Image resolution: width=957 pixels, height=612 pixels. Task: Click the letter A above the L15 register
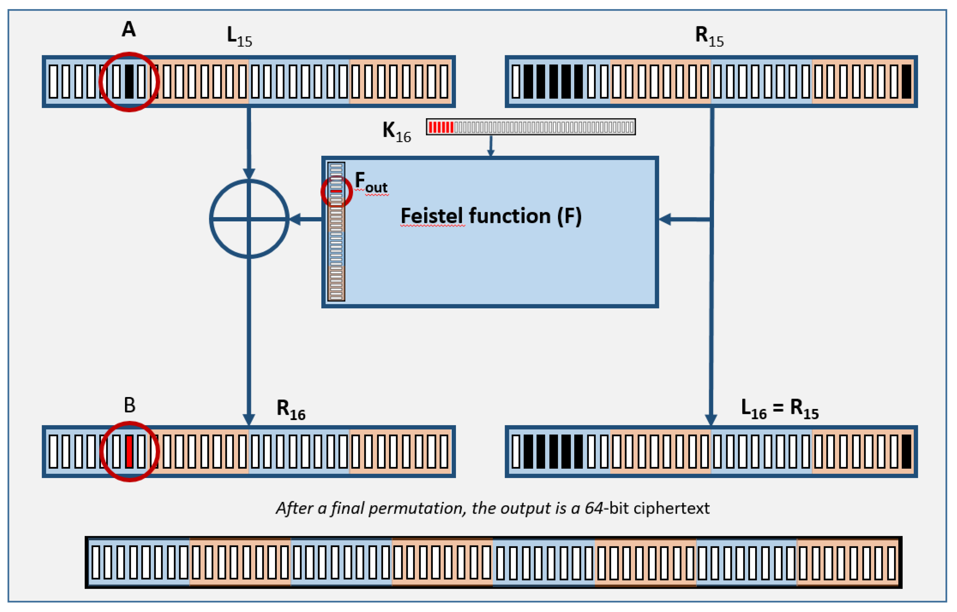pyautogui.click(x=128, y=29)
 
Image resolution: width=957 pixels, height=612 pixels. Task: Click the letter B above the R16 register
pyautogui.click(x=129, y=405)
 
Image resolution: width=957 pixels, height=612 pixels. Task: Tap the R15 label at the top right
pyautogui.click(x=709, y=37)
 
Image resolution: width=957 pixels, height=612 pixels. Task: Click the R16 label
pyautogui.click(x=291, y=410)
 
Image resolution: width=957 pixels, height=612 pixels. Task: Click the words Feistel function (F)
pyautogui.click(x=491, y=216)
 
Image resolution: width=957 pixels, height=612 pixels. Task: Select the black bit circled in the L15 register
pyautogui.click(x=129, y=81)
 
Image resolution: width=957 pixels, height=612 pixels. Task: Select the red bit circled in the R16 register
pyautogui.click(x=129, y=451)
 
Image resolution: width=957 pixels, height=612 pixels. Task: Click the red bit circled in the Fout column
pyautogui.click(x=336, y=191)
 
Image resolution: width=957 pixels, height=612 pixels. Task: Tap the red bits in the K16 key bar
pyautogui.click(x=441, y=127)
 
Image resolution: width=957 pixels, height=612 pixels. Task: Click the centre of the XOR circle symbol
pyautogui.click(x=249, y=219)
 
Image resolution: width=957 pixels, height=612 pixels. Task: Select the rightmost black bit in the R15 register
pyautogui.click(x=906, y=81)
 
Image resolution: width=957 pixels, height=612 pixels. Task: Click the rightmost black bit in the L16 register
pyautogui.click(x=906, y=451)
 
